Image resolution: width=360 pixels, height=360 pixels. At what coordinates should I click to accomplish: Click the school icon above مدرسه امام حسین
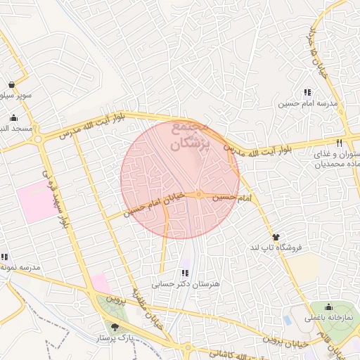pyautogui.click(x=307, y=92)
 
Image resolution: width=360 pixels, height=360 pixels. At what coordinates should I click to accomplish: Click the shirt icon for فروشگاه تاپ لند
pyautogui.click(x=276, y=238)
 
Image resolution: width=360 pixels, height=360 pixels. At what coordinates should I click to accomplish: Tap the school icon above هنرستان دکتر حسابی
pyautogui.click(x=186, y=273)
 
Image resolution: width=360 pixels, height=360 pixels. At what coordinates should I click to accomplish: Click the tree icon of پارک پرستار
pyautogui.click(x=115, y=327)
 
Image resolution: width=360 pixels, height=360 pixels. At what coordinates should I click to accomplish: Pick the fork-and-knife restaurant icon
pyautogui.click(x=339, y=143)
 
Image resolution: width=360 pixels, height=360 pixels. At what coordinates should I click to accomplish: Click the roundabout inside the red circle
pyautogui.click(x=200, y=194)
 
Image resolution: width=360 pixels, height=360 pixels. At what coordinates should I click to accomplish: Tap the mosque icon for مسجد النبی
pyautogui.click(x=13, y=117)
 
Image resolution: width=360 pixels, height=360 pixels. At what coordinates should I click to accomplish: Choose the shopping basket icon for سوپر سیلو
pyautogui.click(x=13, y=84)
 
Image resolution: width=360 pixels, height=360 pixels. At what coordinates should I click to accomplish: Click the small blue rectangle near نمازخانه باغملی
pyautogui.click(x=288, y=321)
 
